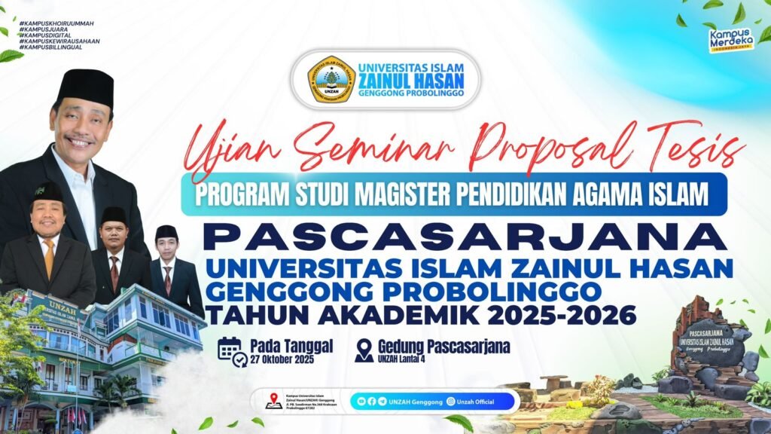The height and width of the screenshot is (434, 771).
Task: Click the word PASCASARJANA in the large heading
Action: tap(466, 237)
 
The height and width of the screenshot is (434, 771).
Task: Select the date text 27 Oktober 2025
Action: tap(282, 359)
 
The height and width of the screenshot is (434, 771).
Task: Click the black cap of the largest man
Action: tap(85, 87)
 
